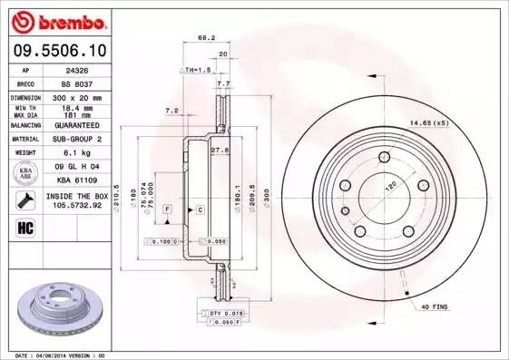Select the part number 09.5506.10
pyautogui.click(x=55, y=49)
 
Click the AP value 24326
pyautogui.click(x=77, y=68)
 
